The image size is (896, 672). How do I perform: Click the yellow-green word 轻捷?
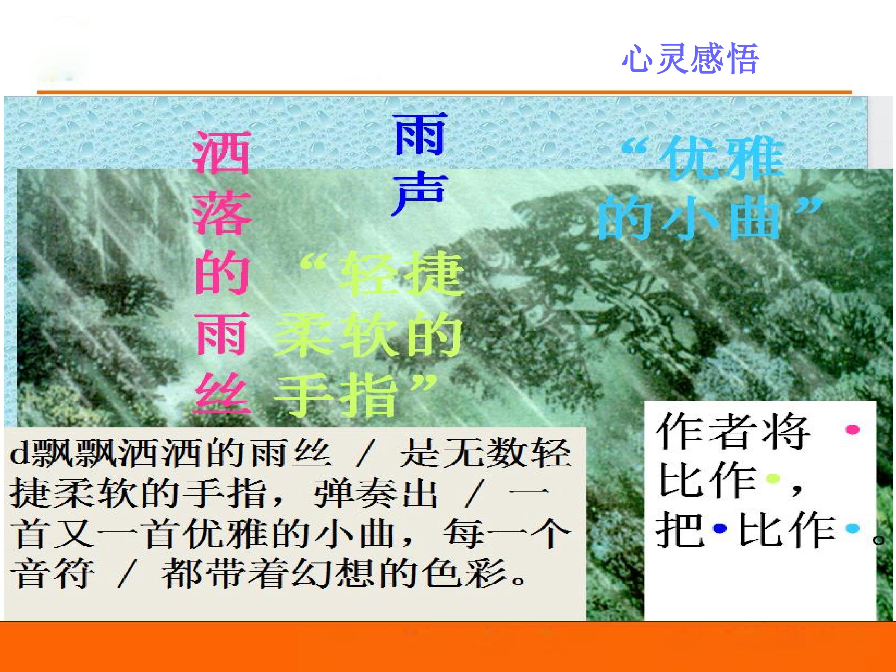(401, 273)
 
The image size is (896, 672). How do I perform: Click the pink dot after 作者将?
(853, 430)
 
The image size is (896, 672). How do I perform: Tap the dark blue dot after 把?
(720, 528)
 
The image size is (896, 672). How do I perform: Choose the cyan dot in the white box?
(853, 528)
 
